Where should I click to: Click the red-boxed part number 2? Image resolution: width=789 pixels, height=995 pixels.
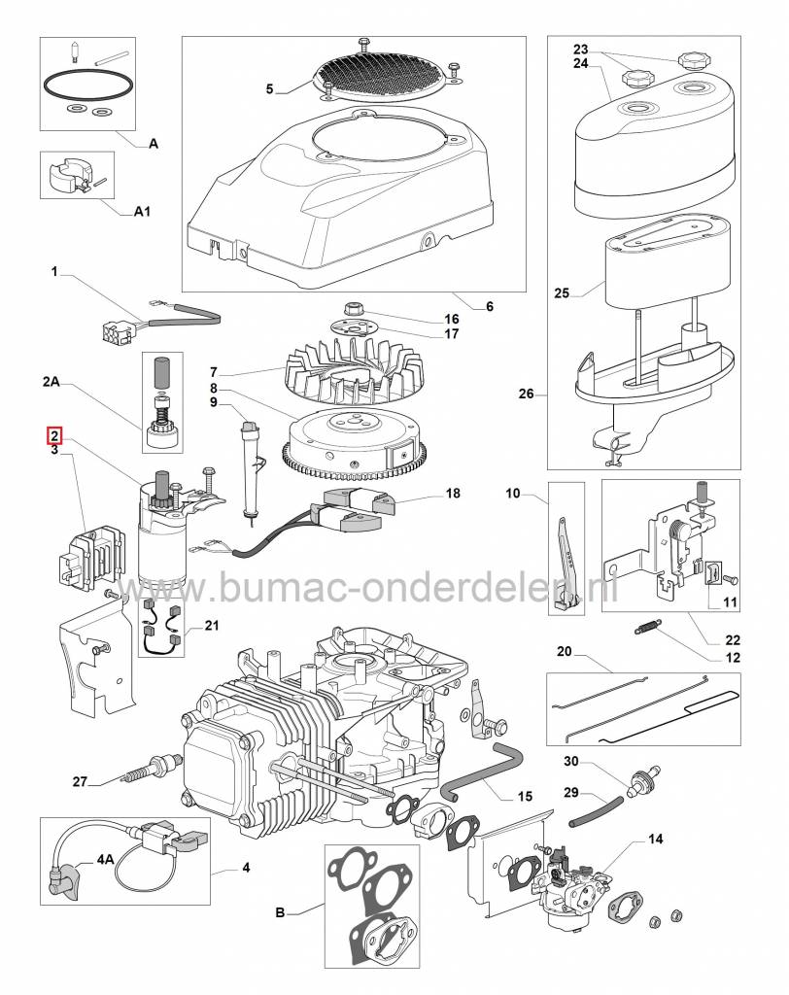tap(54, 434)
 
